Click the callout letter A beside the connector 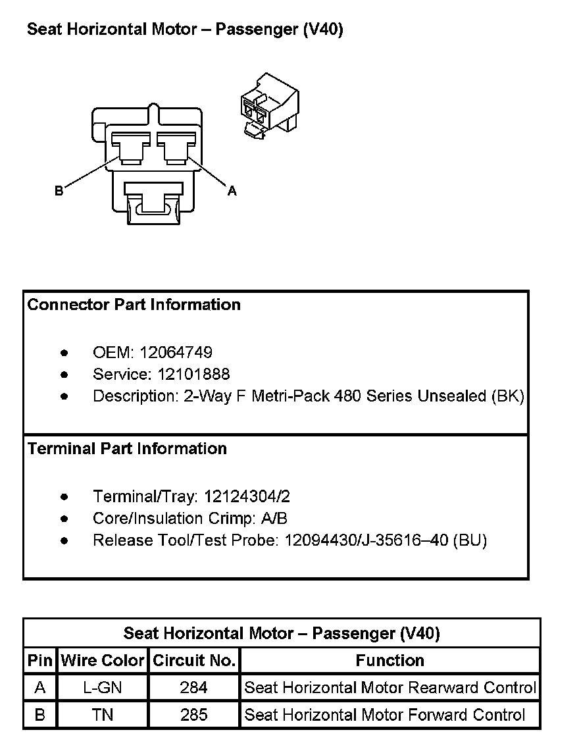tap(232, 191)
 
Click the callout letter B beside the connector tap(59, 191)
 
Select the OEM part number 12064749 tap(176, 353)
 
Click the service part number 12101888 tap(193, 375)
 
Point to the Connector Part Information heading tap(134, 305)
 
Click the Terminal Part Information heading tap(127, 449)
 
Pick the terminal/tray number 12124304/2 tap(247, 496)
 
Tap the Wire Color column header tap(103, 661)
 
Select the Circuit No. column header tap(194, 661)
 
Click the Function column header tap(390, 661)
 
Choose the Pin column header tap(40, 661)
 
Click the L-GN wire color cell tap(103, 688)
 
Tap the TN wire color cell tap(103, 715)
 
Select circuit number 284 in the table tap(194, 688)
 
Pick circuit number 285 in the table tap(194, 715)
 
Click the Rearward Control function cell tap(390, 688)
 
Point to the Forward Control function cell tap(385, 715)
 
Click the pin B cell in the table tap(40, 715)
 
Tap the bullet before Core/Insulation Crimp tap(64, 519)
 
